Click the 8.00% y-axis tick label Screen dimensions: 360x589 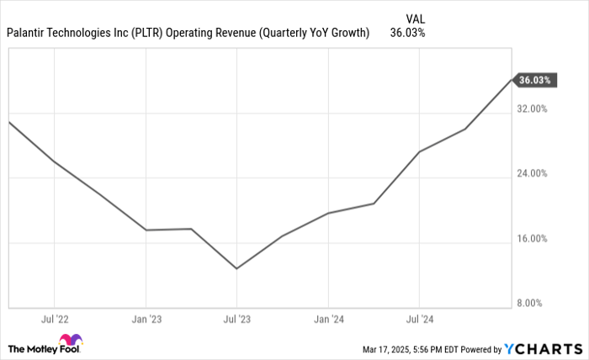[x=533, y=303]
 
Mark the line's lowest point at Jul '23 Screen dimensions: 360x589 [x=236, y=268]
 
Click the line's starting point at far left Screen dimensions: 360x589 [x=9, y=122]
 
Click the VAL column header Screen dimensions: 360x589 [x=415, y=17]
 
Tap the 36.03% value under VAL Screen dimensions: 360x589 [x=407, y=34]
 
